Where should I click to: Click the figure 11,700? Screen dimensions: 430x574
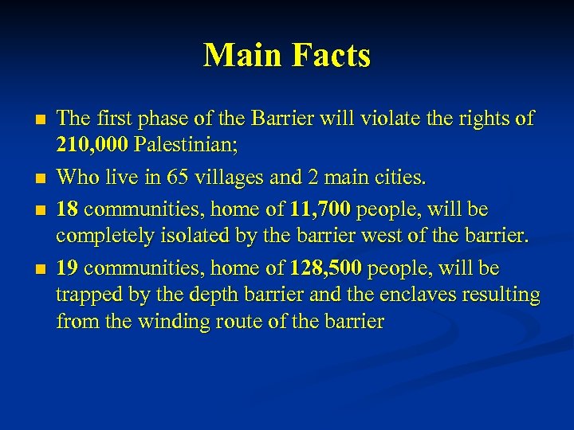pos(318,209)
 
